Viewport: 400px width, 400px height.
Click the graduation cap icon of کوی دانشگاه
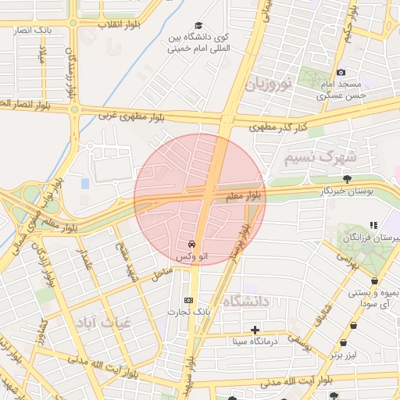pyautogui.click(x=198, y=26)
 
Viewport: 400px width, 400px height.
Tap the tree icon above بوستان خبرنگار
pyautogui.click(x=347, y=180)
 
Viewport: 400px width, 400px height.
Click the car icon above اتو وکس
pyautogui.click(x=192, y=245)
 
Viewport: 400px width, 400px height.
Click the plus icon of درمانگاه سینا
pyautogui.click(x=255, y=330)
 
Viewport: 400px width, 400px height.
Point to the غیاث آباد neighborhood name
pyautogui.click(x=104, y=321)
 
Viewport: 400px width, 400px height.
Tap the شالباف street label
pyautogui.click(x=322, y=315)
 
